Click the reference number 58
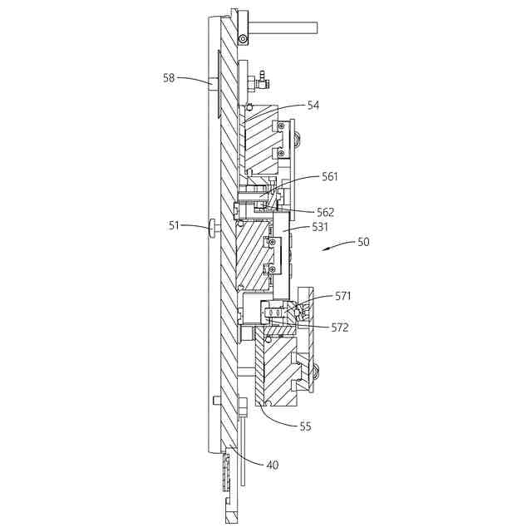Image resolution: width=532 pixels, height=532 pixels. click(x=170, y=78)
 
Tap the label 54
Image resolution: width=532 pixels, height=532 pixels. click(x=313, y=106)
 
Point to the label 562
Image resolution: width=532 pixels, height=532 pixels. click(x=324, y=212)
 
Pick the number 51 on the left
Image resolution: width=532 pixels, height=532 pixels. click(x=174, y=224)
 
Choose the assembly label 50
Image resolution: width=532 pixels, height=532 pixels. click(x=363, y=242)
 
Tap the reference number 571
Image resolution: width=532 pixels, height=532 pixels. click(x=343, y=295)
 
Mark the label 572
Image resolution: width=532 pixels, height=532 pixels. click(x=340, y=328)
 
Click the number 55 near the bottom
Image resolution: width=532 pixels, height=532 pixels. click(x=305, y=426)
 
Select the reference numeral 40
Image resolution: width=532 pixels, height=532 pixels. click(x=272, y=465)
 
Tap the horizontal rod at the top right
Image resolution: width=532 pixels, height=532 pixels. click(x=283, y=28)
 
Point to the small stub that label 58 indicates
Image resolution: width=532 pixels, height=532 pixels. click(x=214, y=81)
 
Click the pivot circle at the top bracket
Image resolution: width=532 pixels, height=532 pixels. click(x=242, y=38)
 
